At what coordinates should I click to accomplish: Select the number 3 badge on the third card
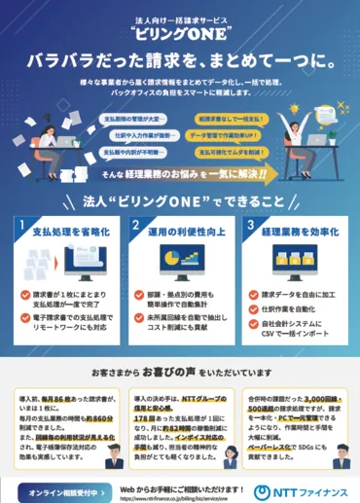[252, 228]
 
